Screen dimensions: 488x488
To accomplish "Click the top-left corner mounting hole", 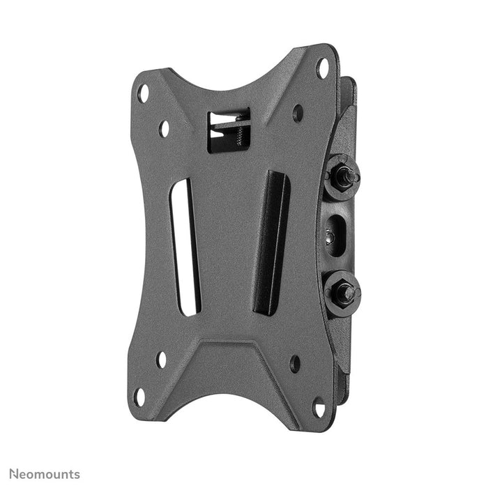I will (x=143, y=93).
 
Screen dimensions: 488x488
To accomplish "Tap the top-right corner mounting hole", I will (x=322, y=68).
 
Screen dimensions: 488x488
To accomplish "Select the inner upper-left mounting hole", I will (x=165, y=128).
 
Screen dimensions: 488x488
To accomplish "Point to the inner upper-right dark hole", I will (x=298, y=113).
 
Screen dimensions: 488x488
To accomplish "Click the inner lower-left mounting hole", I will (x=161, y=360).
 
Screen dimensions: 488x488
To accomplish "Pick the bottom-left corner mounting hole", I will (x=139, y=397).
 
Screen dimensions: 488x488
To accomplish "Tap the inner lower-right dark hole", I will (x=294, y=363).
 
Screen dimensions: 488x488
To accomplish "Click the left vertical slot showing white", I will (x=186, y=247).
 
